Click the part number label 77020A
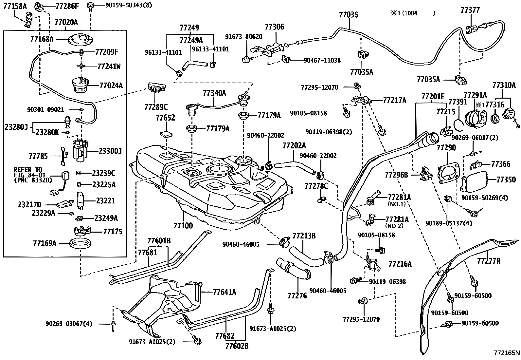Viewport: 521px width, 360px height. [66, 22]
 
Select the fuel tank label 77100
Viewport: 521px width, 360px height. [183, 225]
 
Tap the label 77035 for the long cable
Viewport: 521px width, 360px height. [349, 15]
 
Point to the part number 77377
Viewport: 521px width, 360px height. [470, 10]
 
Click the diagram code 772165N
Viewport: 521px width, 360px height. [507, 353]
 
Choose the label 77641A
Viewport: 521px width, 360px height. [225, 292]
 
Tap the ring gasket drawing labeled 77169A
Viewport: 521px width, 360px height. [80, 243]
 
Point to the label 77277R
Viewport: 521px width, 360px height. [489, 261]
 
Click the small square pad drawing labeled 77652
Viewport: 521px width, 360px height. [166, 134]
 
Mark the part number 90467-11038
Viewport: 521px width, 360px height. [322, 61]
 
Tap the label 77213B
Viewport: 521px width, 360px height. [304, 236]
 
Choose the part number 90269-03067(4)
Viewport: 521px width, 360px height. [69, 324]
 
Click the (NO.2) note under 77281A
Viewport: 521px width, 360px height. [394, 226]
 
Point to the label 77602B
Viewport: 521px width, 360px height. [237, 346]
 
